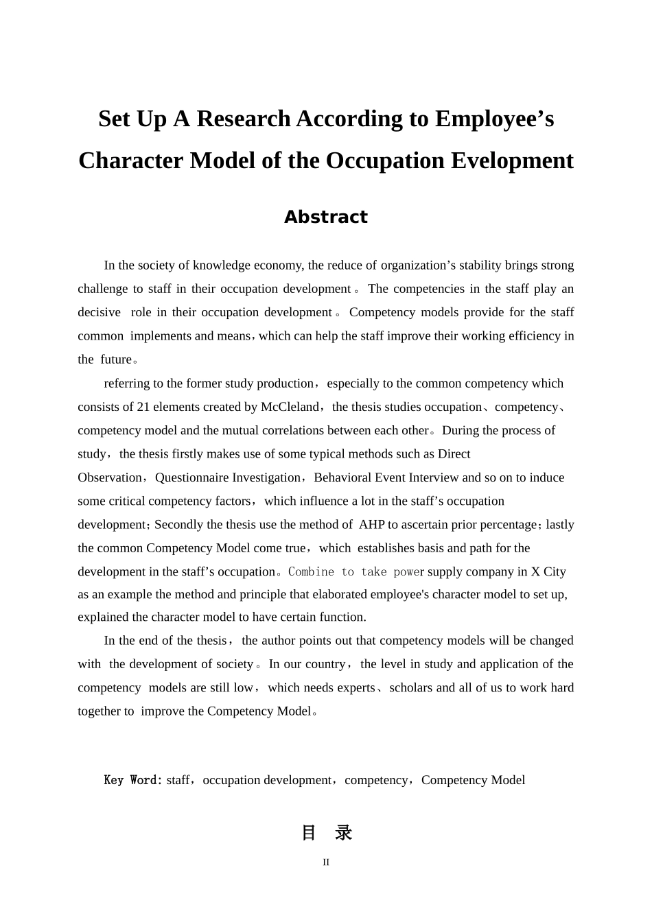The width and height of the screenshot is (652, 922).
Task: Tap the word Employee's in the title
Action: pyautogui.click(x=494, y=119)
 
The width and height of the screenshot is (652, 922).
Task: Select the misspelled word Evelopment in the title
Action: pyautogui.click(x=512, y=161)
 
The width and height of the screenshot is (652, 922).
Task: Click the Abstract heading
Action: pyautogui.click(x=326, y=217)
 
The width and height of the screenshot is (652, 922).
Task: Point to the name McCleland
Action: pyautogui.click(x=290, y=407)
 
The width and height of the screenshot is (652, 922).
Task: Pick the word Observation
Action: pyautogui.click(x=110, y=477)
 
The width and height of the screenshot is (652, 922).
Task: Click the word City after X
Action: pyautogui.click(x=554, y=572)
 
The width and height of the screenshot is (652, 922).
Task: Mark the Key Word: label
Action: pyautogui.click(x=133, y=780)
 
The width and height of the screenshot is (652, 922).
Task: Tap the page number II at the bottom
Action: pyautogui.click(x=326, y=862)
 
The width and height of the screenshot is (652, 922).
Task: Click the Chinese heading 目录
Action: pyautogui.click(x=327, y=833)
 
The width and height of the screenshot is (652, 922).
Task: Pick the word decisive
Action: pyautogui.click(x=99, y=313)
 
